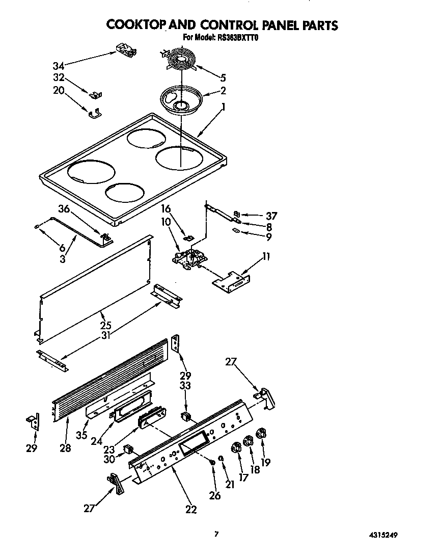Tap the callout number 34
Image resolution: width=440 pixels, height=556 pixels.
click(x=59, y=66)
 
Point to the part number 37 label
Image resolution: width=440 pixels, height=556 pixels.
click(x=270, y=216)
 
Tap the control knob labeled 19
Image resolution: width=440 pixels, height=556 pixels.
click(x=261, y=434)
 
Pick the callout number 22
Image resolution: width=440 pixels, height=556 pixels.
click(x=191, y=509)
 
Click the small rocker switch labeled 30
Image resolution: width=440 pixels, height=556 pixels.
click(x=128, y=449)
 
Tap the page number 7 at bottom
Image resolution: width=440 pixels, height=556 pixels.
click(x=216, y=534)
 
